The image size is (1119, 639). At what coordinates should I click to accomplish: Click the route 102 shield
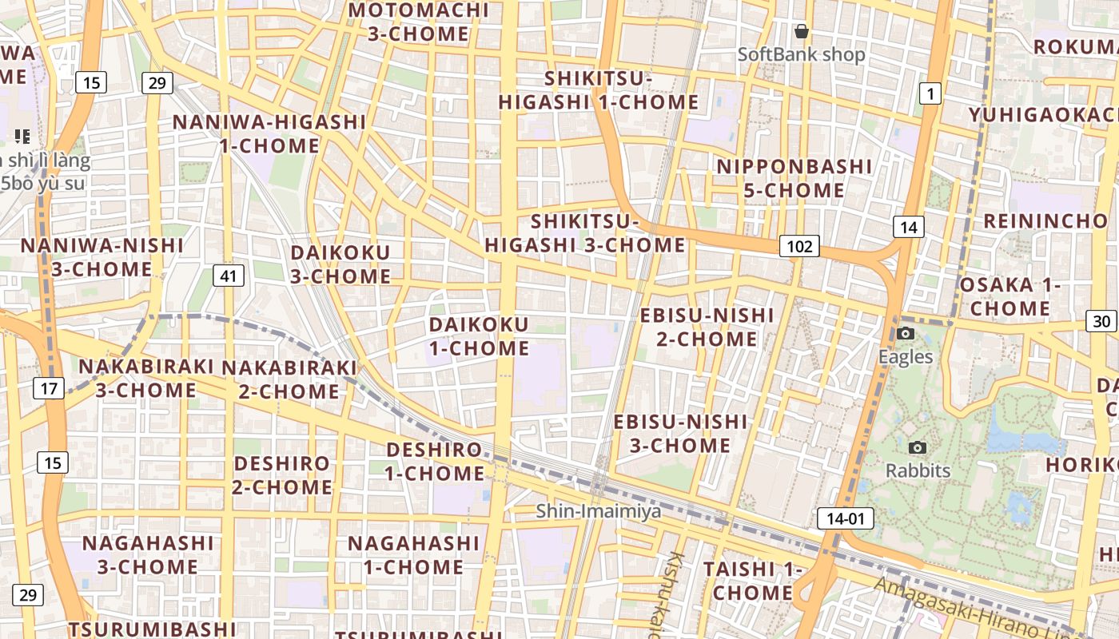[x=800, y=246]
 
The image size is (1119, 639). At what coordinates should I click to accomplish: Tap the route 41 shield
[x=229, y=276]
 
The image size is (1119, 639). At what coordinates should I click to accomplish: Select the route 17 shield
[x=49, y=389]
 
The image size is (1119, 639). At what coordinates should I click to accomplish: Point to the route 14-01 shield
[x=845, y=518]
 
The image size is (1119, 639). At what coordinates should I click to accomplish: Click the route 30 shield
[x=1101, y=321]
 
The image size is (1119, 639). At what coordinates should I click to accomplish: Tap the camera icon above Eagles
[x=906, y=333]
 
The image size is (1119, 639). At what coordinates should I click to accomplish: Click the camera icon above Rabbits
[x=918, y=447]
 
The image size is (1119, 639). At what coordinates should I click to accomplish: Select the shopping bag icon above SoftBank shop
[x=801, y=32]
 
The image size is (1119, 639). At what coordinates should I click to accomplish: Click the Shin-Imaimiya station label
[x=599, y=510]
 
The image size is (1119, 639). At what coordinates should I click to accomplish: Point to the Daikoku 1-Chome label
[x=479, y=336]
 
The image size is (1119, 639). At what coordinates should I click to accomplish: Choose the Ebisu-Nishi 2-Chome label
[x=707, y=327]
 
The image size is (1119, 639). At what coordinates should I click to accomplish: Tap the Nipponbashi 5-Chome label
[x=794, y=178]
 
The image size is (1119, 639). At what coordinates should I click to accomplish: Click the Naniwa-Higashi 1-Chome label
[x=269, y=133]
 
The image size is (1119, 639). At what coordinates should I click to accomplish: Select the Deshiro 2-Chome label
[x=282, y=475]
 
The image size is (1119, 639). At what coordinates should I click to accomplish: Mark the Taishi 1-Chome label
[x=752, y=581]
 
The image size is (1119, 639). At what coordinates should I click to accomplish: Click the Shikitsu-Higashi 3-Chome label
[x=585, y=233]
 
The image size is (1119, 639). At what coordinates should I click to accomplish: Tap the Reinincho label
[x=1045, y=221]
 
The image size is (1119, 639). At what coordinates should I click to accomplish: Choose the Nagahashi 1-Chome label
[x=413, y=555]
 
